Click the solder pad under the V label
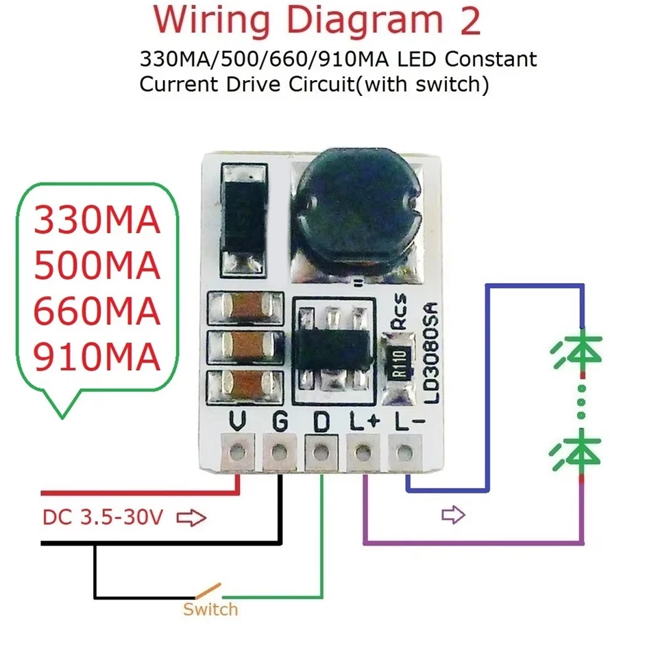click(x=238, y=452)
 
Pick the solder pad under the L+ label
click(x=361, y=452)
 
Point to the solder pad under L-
click(x=404, y=452)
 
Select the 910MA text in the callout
click(x=97, y=357)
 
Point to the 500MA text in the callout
click(x=97, y=267)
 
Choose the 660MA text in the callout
click(x=97, y=312)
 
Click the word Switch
click(x=210, y=609)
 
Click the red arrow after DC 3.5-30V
click(x=191, y=517)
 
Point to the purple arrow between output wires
click(x=453, y=514)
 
